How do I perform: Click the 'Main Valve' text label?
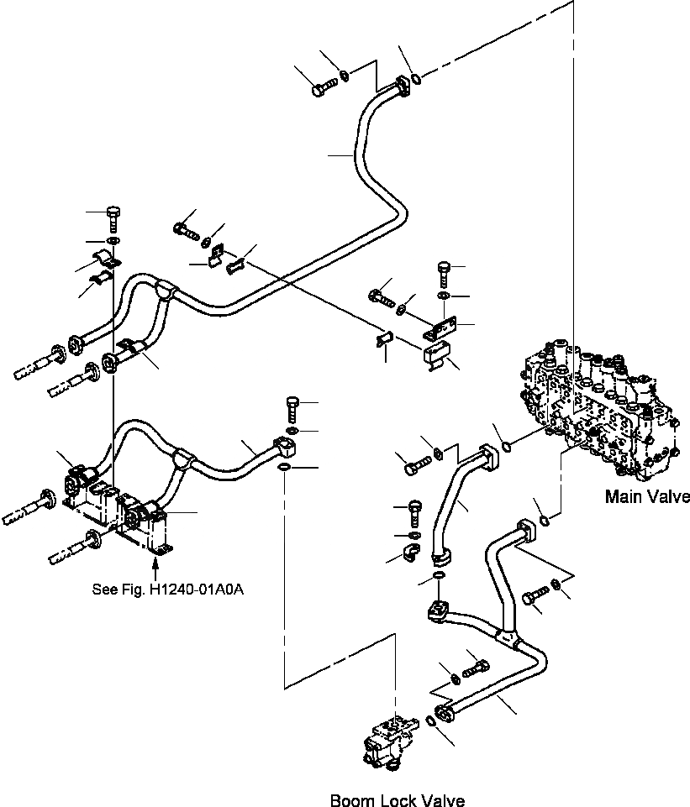coord(647,496)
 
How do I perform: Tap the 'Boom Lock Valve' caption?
coord(397,800)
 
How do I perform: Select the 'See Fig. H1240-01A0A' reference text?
coord(168,589)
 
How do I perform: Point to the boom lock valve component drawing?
coord(387,738)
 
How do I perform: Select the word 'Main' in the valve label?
coord(624,496)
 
